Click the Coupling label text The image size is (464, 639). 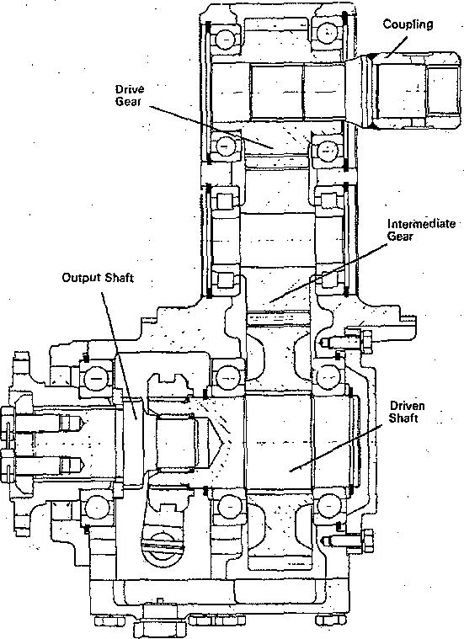point(408,24)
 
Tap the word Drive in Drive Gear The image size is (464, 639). point(129,89)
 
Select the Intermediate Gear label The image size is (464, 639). point(421,230)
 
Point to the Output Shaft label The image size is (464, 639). point(98,278)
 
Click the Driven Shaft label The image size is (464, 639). point(407,412)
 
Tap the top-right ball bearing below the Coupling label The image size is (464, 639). point(327,32)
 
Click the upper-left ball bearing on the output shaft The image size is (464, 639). point(96,379)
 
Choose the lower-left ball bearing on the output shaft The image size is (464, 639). point(96,508)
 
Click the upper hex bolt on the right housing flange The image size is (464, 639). point(347,342)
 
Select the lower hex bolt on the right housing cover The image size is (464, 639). point(348,540)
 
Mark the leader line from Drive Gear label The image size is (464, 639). point(211,128)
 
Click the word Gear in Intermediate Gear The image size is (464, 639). point(400,237)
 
